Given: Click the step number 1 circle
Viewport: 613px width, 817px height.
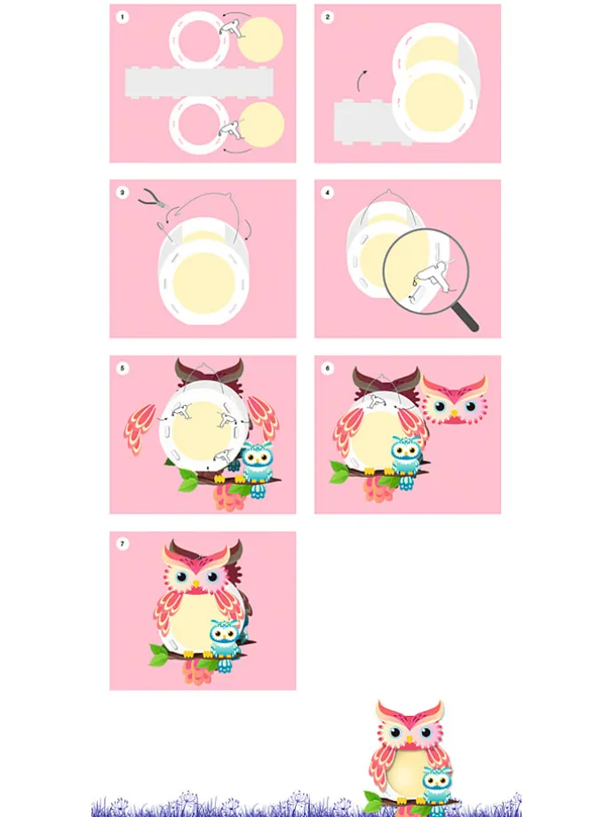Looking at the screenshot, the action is [x=123, y=17].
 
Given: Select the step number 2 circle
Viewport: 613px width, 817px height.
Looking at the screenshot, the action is [x=327, y=17].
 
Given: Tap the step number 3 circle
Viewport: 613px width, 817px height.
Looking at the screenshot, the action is [x=123, y=193].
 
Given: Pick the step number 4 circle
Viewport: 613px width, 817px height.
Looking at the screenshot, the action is [x=327, y=193].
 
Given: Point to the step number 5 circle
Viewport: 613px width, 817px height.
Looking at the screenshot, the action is [x=123, y=369].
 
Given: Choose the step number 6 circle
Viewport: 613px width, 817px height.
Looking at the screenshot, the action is [x=327, y=369].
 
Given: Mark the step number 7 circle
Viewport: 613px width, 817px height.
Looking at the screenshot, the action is [x=123, y=544].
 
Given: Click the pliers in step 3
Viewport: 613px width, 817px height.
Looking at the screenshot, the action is [x=152, y=199].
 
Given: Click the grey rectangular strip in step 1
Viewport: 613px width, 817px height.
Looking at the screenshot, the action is [x=199, y=83].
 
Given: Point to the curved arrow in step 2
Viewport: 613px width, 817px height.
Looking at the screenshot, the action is [x=361, y=81].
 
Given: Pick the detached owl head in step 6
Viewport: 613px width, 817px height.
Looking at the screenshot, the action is [x=454, y=400].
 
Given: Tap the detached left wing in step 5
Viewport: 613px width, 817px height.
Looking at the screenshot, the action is [x=139, y=429].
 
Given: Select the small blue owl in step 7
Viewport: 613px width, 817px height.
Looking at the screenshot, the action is [x=226, y=645].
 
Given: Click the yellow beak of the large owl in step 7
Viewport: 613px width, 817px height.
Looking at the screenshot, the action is [x=195, y=584].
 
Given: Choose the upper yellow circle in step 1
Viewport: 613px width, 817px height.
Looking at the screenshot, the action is [x=260, y=40].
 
